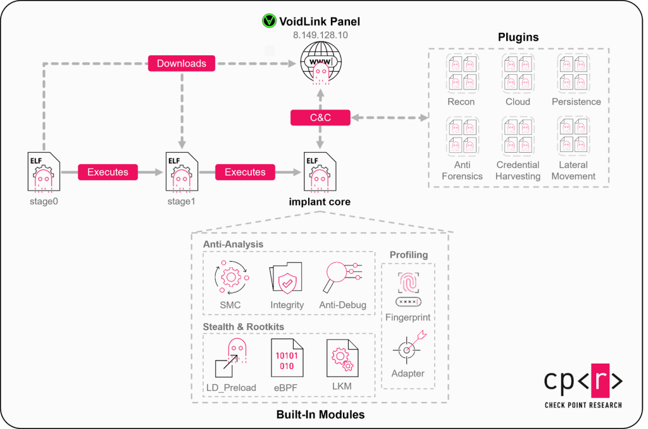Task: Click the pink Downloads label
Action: pyautogui.click(x=182, y=63)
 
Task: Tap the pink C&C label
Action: pyautogui.click(x=320, y=117)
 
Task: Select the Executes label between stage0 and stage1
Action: pyautogui.click(x=108, y=172)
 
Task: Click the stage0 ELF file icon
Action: pyautogui.click(x=44, y=171)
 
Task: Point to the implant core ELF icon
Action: pyautogui.click(x=320, y=171)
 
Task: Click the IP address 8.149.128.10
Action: pyautogui.click(x=320, y=37)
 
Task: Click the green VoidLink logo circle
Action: pyautogui.click(x=270, y=22)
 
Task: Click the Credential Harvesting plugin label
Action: pyautogui.click(x=518, y=170)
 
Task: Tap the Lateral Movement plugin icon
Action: pyautogui.click(x=573, y=136)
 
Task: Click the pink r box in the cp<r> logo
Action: pyautogui.click(x=582, y=380)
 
